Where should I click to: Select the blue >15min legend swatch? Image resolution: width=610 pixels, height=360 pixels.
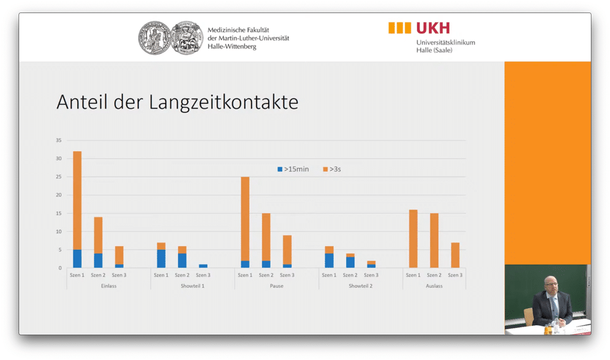tap(280, 169)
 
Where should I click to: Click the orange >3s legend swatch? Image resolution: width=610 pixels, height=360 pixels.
tap(325, 169)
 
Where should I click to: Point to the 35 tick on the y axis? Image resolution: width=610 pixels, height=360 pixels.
tap(59, 140)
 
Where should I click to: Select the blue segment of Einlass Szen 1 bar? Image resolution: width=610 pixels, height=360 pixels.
tap(77, 259)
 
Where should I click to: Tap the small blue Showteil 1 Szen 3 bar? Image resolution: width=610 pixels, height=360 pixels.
tap(203, 266)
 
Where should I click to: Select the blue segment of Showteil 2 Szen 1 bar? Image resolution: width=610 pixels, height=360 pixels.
tap(329, 260)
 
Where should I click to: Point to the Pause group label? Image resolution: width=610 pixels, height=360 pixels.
tap(276, 286)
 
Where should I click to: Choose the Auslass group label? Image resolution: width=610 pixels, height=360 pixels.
tap(434, 286)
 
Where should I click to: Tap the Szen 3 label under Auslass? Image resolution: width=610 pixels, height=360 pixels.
tap(455, 275)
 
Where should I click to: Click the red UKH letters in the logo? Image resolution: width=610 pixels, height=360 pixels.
tap(433, 27)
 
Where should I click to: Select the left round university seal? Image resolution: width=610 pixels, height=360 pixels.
tap(154, 39)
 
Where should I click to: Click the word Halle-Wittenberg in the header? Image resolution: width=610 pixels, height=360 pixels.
tap(232, 46)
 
